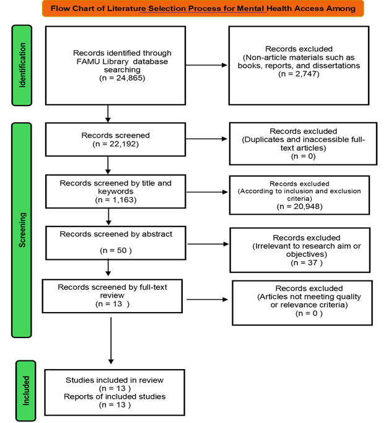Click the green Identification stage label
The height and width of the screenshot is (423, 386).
(x=22, y=65)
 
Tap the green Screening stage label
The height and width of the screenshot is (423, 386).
(x=22, y=230)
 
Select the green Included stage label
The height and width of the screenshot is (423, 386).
(x=25, y=391)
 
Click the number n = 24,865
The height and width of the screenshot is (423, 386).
(x=122, y=78)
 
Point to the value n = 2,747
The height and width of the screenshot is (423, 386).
(x=299, y=74)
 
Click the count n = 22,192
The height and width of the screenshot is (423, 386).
(x=116, y=144)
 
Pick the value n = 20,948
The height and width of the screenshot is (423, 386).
(x=299, y=207)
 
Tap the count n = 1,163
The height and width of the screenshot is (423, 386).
(x=116, y=200)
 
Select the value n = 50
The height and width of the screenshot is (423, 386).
(x=116, y=251)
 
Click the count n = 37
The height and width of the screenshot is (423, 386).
(x=307, y=262)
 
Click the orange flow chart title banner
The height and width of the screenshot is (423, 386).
(x=203, y=8)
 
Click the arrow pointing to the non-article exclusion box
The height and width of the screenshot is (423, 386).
(x=206, y=65)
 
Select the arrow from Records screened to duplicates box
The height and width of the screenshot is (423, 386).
(x=206, y=139)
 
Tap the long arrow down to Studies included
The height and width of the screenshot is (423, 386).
(x=111, y=341)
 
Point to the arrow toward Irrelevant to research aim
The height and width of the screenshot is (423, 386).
(x=208, y=244)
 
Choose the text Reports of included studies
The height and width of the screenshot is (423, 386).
(x=115, y=396)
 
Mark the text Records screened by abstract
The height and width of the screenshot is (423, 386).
(x=116, y=234)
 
